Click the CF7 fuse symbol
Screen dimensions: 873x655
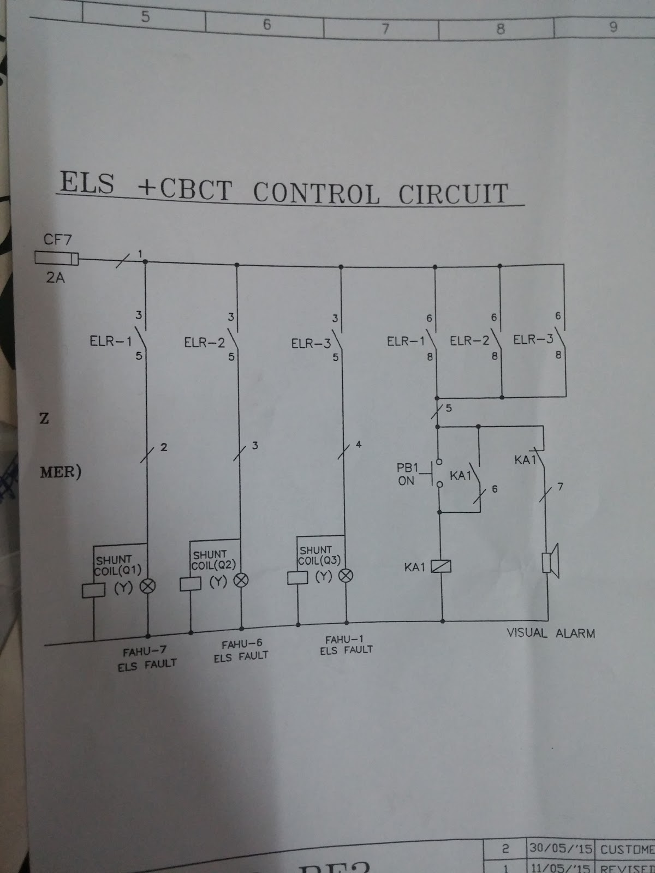(x=56, y=258)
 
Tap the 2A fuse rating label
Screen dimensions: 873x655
(x=55, y=278)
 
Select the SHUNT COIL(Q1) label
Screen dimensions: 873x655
(x=118, y=565)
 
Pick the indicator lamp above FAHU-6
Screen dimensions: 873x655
(x=241, y=581)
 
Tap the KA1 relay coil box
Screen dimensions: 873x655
(x=441, y=567)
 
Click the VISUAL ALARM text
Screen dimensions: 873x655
(x=550, y=633)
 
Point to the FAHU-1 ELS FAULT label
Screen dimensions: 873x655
(x=346, y=644)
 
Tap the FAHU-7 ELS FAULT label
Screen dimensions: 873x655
(x=146, y=657)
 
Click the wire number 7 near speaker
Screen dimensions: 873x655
(x=560, y=487)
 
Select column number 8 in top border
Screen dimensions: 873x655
(x=500, y=29)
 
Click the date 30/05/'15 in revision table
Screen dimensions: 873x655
(x=559, y=849)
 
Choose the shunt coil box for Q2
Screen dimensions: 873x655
(x=190, y=584)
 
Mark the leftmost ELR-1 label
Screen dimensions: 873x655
(x=110, y=342)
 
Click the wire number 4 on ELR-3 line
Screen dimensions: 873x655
(x=358, y=445)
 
